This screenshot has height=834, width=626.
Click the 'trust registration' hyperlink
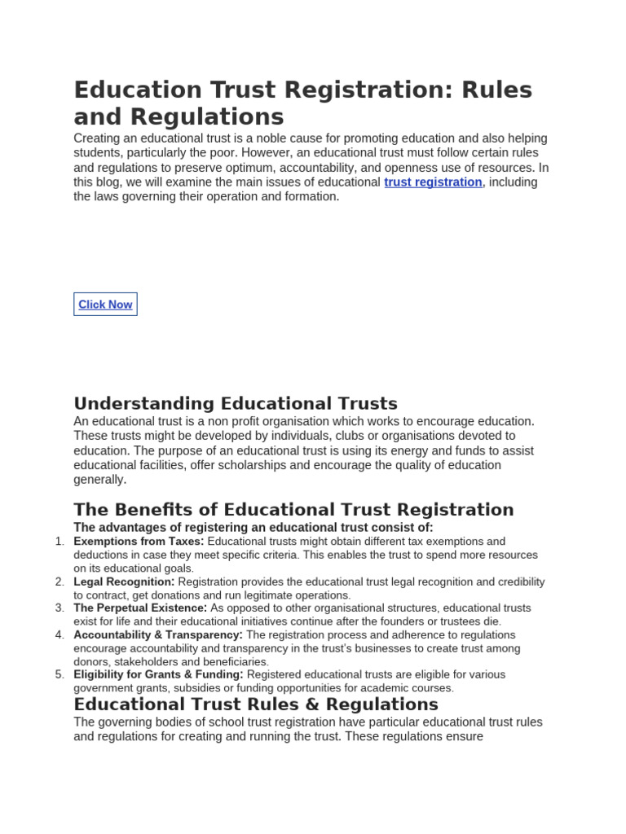(x=433, y=182)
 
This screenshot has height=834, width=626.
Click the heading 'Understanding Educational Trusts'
(x=236, y=403)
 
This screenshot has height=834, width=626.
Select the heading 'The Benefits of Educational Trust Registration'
(x=293, y=510)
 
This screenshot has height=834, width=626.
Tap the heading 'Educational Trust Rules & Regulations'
(x=256, y=704)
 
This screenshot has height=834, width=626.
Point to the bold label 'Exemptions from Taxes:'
(x=139, y=542)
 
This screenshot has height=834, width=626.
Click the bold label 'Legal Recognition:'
(x=124, y=582)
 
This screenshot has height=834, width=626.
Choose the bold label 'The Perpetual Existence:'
(x=140, y=608)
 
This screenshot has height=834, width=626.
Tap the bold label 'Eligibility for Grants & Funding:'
(x=158, y=674)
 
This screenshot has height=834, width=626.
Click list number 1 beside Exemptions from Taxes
(x=59, y=542)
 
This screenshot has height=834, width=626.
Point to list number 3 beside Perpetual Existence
(x=59, y=608)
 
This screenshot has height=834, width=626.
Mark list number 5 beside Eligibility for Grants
(x=59, y=674)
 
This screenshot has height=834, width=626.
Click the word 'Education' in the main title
(x=136, y=90)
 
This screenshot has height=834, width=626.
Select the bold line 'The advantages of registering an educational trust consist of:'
(x=253, y=528)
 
